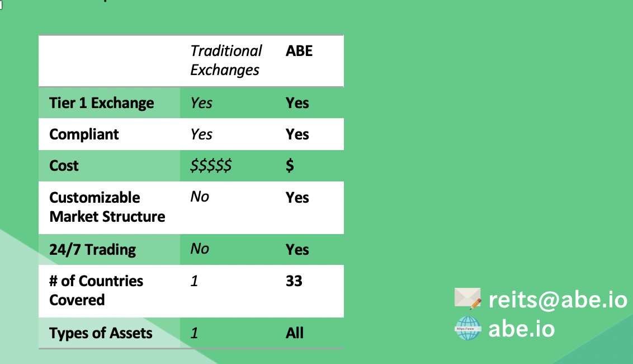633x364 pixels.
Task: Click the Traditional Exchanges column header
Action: (x=225, y=60)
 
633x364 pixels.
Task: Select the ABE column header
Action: (x=299, y=51)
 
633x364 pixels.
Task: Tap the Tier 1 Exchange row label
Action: (x=101, y=103)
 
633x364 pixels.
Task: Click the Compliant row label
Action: (x=84, y=134)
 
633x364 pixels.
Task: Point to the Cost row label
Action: (x=64, y=166)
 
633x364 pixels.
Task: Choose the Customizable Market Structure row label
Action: (x=107, y=207)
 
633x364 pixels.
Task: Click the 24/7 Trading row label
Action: (x=92, y=250)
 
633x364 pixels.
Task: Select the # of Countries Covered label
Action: (x=96, y=290)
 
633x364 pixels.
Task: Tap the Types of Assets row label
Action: (x=101, y=333)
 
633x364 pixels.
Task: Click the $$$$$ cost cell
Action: (x=211, y=166)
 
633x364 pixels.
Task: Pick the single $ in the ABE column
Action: (x=290, y=166)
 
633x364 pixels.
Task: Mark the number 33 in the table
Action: (x=294, y=281)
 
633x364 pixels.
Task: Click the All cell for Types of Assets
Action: (x=295, y=333)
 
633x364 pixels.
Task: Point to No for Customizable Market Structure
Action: (x=200, y=197)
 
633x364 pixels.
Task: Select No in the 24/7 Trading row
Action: (x=200, y=249)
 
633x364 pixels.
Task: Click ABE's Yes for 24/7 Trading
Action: (x=297, y=250)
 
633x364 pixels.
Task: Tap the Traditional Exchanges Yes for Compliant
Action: (x=201, y=134)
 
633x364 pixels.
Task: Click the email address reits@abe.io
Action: (x=558, y=300)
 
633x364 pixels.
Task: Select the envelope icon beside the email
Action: (x=467, y=298)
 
